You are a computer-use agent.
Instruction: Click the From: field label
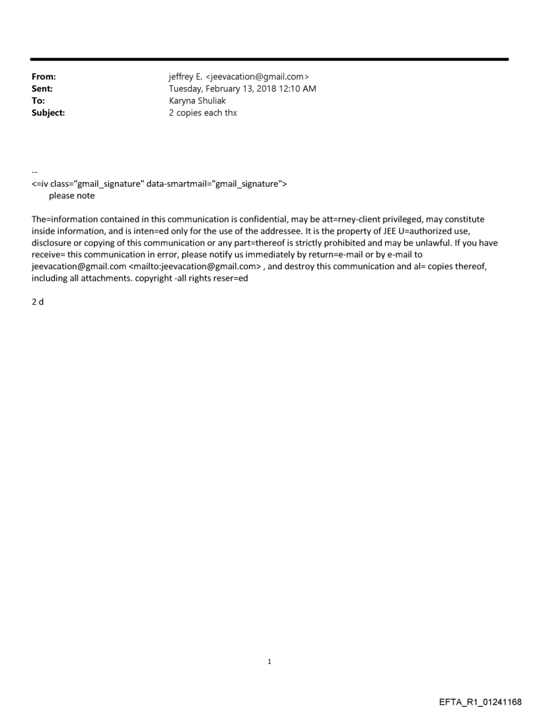(44, 77)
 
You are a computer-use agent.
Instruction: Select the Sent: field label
(42, 89)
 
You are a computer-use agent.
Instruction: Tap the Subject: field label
(48, 113)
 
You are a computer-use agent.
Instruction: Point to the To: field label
(38, 101)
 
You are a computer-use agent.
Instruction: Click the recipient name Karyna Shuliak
(198, 101)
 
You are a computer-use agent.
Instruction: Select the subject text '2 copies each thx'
(203, 113)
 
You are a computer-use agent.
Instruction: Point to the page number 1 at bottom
(269, 662)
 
